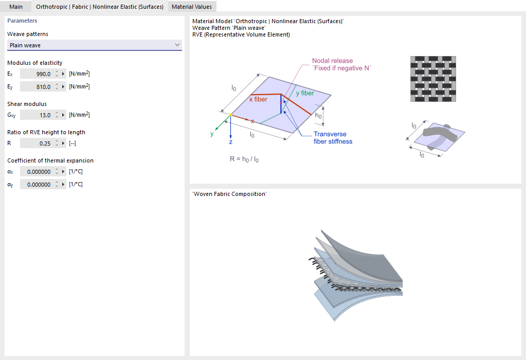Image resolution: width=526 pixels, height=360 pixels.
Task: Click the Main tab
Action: [x=16, y=6]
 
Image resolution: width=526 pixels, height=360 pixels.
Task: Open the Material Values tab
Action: [x=192, y=6]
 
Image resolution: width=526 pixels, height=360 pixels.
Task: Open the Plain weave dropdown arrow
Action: [x=177, y=45]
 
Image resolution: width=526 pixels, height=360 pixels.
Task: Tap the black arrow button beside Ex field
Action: [x=63, y=74]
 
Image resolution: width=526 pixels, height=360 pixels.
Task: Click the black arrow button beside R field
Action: [x=63, y=143]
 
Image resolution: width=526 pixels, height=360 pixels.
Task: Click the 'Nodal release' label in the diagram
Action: [x=333, y=61]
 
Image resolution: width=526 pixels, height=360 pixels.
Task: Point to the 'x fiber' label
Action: [x=258, y=99]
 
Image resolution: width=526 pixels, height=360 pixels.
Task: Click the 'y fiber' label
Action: [x=305, y=93]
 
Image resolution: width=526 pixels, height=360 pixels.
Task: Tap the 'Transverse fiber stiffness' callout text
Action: [x=333, y=137]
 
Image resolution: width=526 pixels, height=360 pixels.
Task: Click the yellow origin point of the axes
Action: [x=230, y=115]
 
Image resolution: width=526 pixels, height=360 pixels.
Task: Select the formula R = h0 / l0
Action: [x=244, y=159]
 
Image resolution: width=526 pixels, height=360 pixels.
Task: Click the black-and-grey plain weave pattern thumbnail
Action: [x=433, y=79]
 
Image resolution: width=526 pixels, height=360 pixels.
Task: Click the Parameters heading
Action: [x=22, y=21]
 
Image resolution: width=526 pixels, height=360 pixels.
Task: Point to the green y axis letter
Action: [x=212, y=134]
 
